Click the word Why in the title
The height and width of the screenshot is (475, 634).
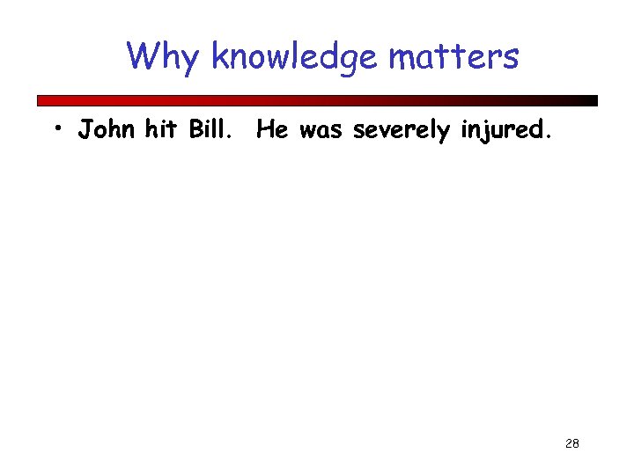click(x=165, y=58)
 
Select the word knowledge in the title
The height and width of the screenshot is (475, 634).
click(x=295, y=58)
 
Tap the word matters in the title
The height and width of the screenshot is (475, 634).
click(x=453, y=58)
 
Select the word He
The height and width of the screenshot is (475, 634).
click(x=272, y=130)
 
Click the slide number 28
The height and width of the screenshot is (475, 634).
click(x=571, y=443)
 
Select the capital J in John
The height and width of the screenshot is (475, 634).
click(x=85, y=130)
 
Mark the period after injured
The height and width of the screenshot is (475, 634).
click(x=550, y=137)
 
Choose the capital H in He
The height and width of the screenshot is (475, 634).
click(x=265, y=130)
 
